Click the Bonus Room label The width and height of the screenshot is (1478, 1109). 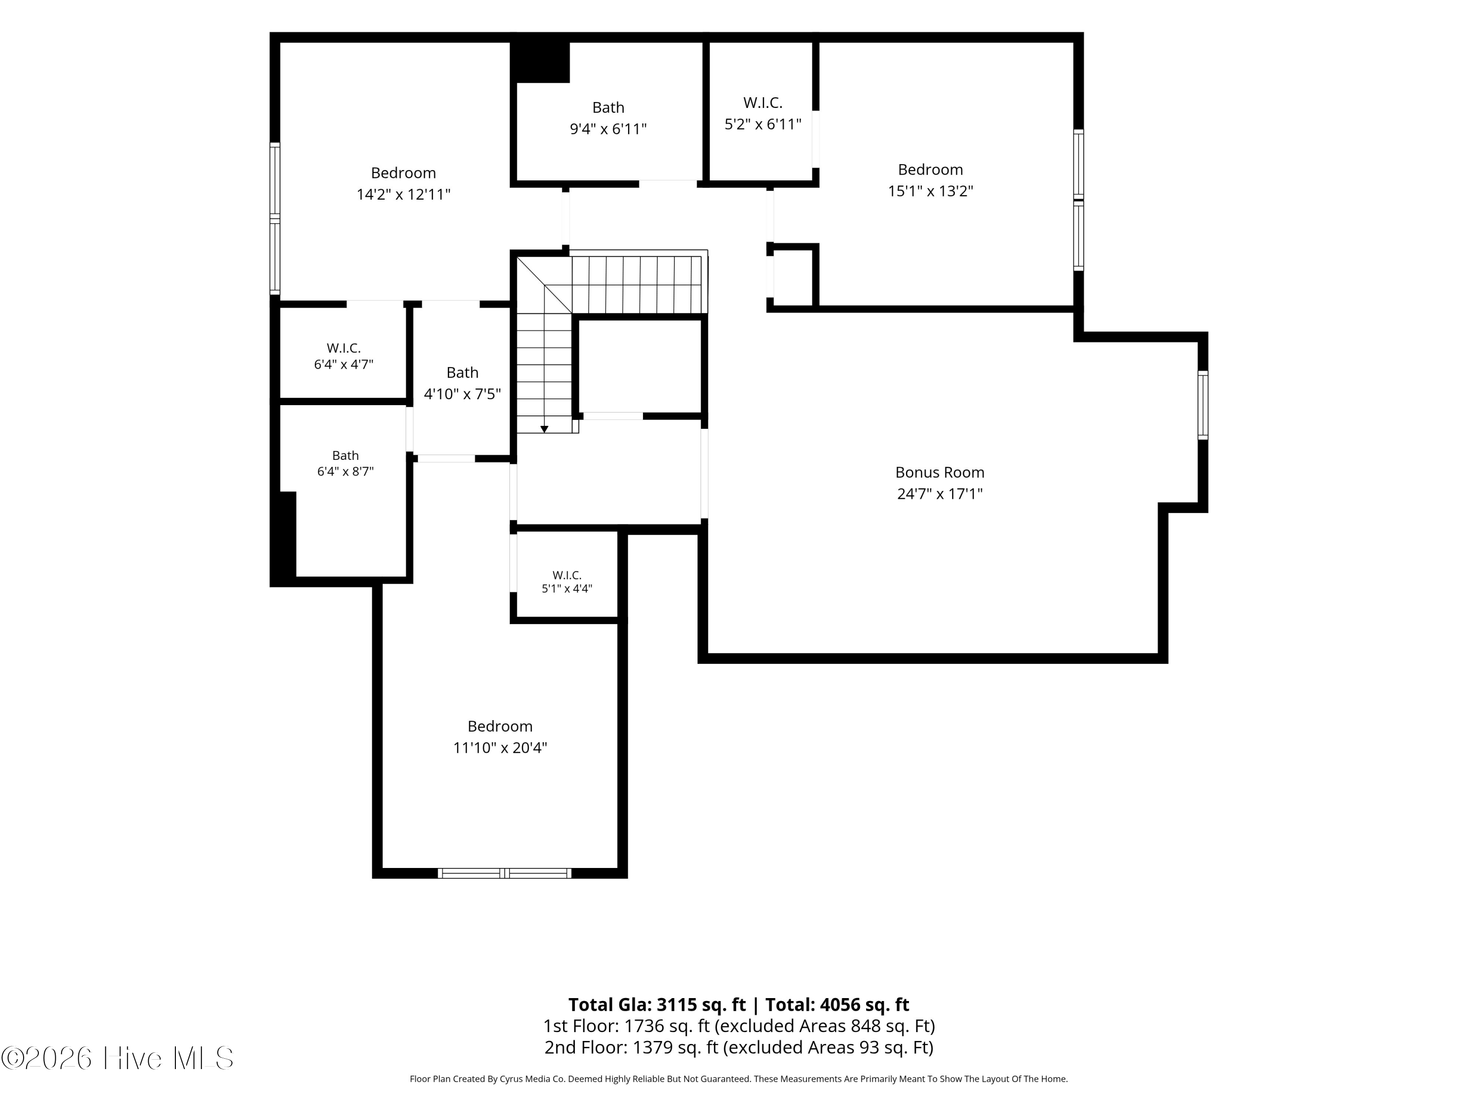tap(940, 472)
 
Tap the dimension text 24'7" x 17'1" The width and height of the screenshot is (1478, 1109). tap(940, 494)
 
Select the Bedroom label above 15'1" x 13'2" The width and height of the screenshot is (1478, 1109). tap(930, 170)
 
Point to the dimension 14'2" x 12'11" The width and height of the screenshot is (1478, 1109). tap(403, 195)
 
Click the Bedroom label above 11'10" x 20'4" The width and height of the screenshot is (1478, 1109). tap(500, 726)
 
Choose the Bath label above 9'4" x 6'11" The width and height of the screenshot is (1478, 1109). tap(608, 107)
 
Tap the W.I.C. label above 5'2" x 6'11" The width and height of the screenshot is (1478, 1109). tap(762, 103)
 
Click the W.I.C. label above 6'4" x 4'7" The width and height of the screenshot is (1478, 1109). tap(343, 348)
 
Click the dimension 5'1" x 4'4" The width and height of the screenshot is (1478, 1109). tap(567, 589)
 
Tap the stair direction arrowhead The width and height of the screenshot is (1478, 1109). tap(544, 429)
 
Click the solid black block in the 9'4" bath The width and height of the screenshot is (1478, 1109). tap(540, 62)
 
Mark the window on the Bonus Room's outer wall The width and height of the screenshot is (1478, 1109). tap(1203, 405)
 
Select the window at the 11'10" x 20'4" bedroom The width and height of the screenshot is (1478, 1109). tap(504, 873)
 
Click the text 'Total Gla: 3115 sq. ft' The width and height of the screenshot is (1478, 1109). tap(657, 1005)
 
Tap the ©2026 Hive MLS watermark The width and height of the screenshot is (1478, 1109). tap(118, 1058)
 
